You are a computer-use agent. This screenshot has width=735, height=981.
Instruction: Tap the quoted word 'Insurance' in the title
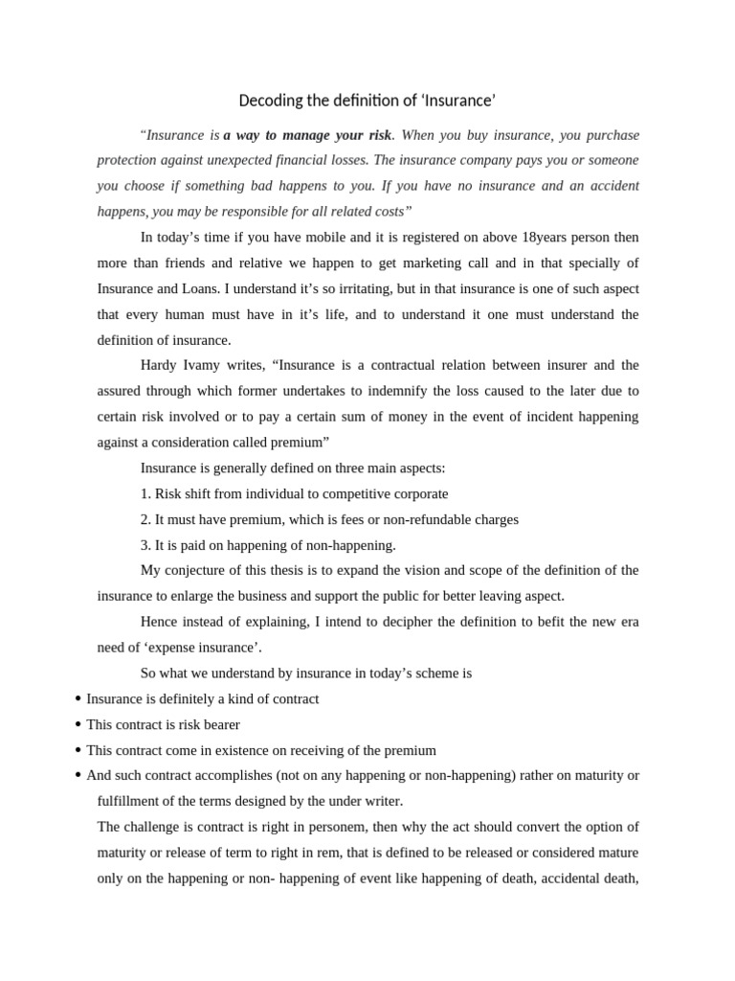click(x=461, y=101)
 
